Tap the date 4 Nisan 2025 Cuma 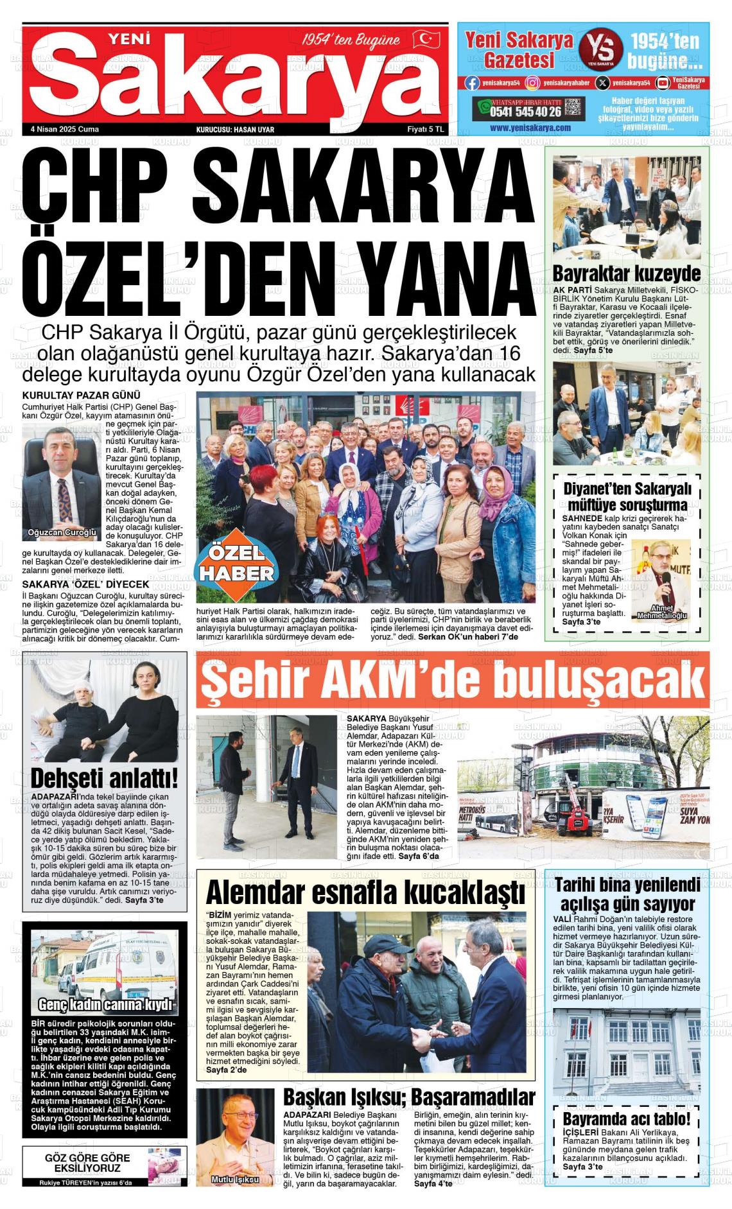65,129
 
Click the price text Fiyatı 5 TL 426,129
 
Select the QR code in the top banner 573,108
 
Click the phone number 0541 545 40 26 525,111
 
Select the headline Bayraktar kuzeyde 627,274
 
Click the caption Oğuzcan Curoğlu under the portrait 62,532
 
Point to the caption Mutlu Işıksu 234,1179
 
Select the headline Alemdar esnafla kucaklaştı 365,893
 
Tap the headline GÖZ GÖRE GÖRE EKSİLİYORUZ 87,1162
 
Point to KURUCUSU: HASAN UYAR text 235,129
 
